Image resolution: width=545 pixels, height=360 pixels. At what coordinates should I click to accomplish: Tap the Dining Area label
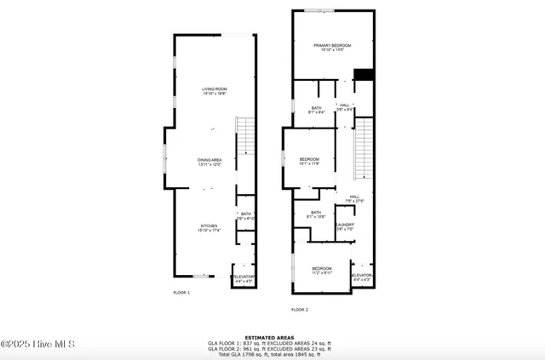click(209, 162)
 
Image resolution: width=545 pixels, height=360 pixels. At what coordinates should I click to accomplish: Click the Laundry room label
click(344, 226)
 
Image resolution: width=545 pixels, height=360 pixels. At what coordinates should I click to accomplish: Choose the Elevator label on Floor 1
click(244, 278)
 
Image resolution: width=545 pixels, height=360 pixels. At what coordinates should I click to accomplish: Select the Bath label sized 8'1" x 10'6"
click(316, 214)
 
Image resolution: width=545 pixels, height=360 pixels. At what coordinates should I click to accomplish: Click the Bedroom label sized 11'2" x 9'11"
click(321, 270)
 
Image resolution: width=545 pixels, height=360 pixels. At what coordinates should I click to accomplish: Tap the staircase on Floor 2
click(364, 149)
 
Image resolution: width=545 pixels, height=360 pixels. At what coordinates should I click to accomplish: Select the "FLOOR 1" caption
click(181, 293)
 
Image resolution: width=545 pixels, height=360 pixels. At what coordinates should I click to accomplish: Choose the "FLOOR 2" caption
click(300, 310)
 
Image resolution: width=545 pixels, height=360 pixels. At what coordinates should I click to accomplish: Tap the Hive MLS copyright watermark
click(38, 344)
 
